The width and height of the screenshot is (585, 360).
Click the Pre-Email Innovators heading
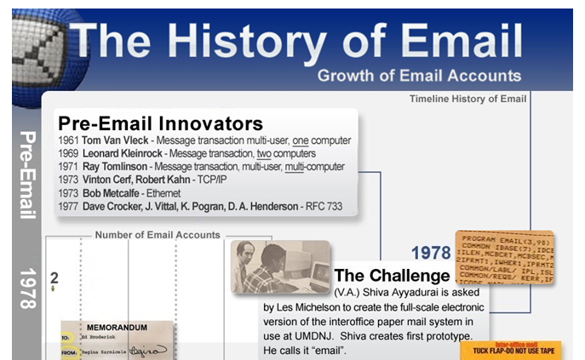pos(159,123)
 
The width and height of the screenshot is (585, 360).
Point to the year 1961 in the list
pos(69,140)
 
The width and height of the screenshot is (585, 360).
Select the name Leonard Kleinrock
pos(128,153)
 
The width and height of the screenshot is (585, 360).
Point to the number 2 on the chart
pos(54,277)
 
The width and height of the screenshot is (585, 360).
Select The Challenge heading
pos(392,276)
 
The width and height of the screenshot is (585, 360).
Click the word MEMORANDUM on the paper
pos(117,327)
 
